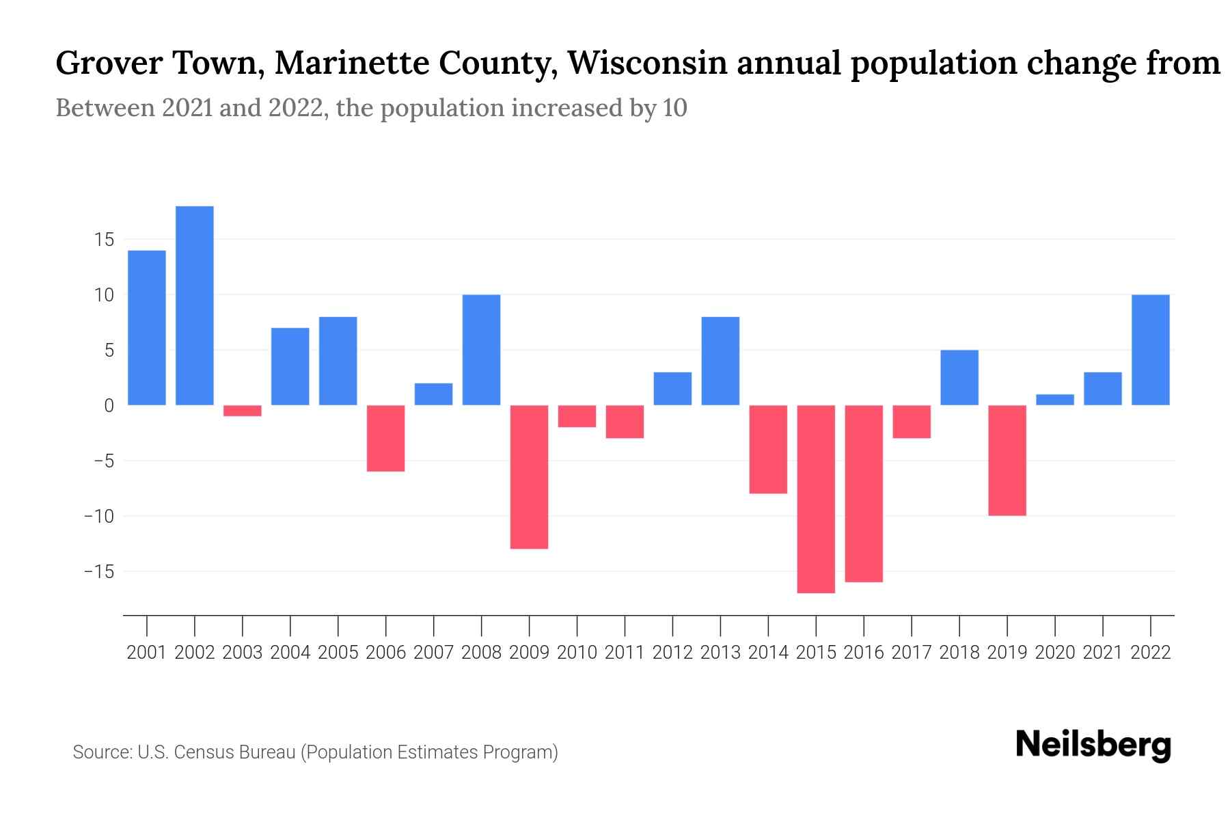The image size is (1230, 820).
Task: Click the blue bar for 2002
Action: click(195, 305)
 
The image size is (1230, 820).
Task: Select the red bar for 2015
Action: click(816, 499)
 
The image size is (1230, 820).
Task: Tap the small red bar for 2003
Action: click(243, 411)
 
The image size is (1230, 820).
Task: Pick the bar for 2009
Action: click(530, 476)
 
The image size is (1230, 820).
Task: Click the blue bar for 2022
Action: click(1151, 350)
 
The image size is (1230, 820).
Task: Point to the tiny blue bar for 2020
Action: click(1055, 400)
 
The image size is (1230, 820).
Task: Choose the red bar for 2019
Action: click(1007, 460)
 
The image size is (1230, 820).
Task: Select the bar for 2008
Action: click(482, 350)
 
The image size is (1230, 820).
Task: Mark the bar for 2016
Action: click(864, 493)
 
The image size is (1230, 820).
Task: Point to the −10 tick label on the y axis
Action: click(98, 516)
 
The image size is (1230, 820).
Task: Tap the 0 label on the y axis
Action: click(109, 406)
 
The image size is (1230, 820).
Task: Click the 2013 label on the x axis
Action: click(720, 653)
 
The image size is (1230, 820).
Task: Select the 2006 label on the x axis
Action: click(386, 653)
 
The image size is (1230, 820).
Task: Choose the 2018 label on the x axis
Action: click(959, 653)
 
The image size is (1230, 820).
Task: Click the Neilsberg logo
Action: click(1093, 746)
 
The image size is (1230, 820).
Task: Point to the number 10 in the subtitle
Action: click(674, 108)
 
